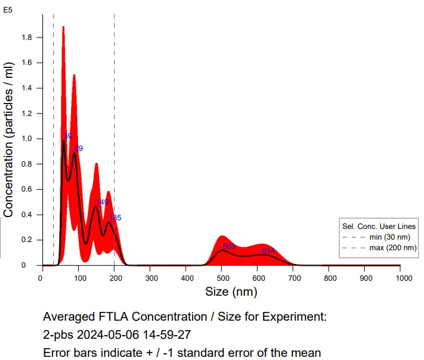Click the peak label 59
(x=68, y=136)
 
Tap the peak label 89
(x=79, y=148)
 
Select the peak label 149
(x=102, y=202)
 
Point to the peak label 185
(x=115, y=218)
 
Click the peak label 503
(x=229, y=246)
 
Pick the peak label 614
(x=268, y=251)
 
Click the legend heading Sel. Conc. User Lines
(x=379, y=226)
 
